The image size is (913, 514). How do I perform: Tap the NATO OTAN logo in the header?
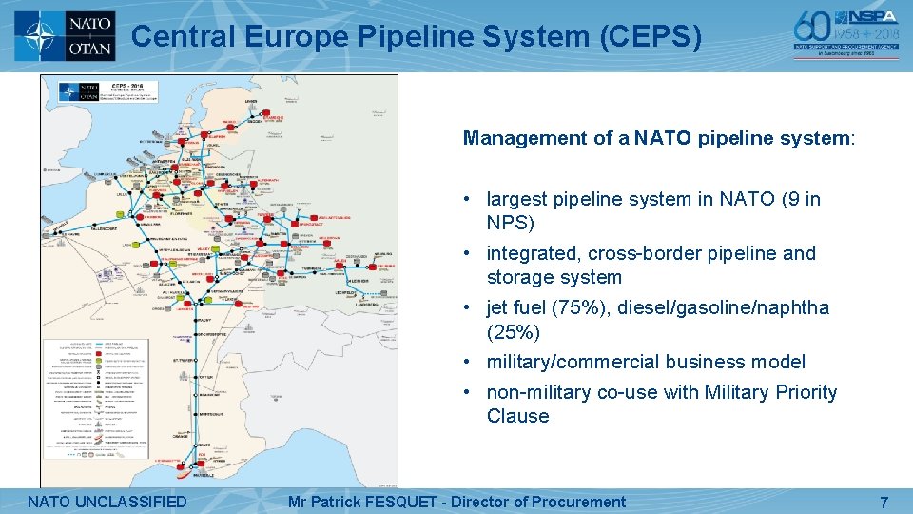(x=66, y=35)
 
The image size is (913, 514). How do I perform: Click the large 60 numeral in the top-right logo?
(x=813, y=29)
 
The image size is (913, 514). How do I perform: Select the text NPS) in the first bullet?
(x=511, y=223)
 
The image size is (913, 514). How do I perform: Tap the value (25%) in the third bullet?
(x=514, y=331)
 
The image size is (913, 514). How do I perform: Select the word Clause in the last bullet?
(x=517, y=416)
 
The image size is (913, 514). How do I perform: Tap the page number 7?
(x=884, y=502)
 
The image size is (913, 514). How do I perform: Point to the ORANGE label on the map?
(x=180, y=435)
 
